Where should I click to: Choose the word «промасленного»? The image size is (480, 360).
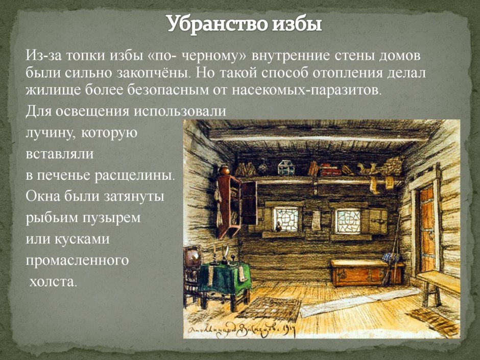[x=77, y=260]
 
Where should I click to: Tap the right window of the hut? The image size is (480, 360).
[x=348, y=221]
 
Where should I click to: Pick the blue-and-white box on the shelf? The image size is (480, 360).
[x=283, y=166]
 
